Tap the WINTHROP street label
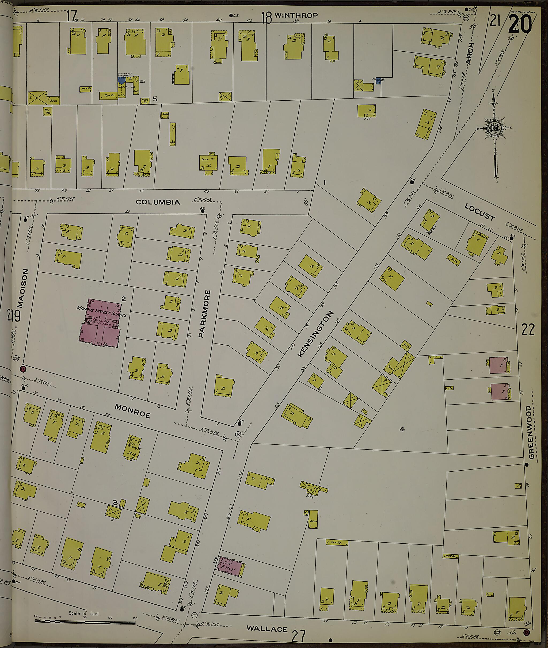coord(296,15)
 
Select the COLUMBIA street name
coord(158,202)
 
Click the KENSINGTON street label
coord(315,334)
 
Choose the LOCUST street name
coord(480,212)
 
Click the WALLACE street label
coord(267,629)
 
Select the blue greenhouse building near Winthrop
coord(121,80)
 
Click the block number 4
coord(402,429)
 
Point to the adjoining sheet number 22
coord(528,330)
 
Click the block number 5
coord(155,99)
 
